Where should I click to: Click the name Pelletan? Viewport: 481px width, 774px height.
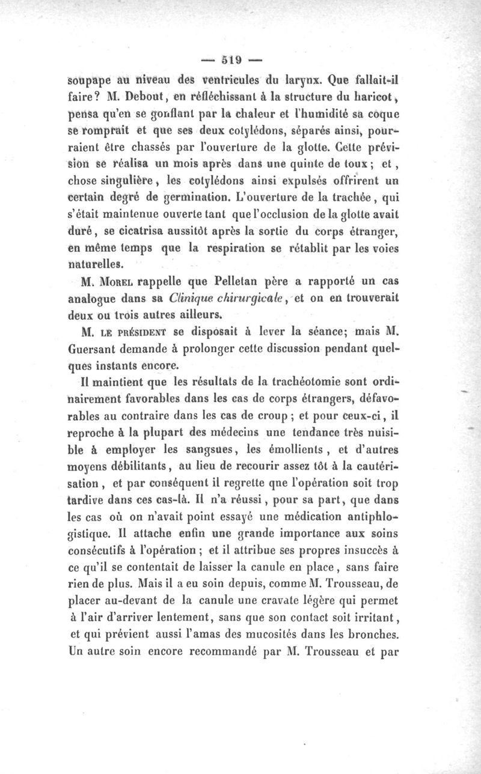point(231,281)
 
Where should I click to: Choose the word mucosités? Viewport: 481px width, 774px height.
point(295,632)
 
